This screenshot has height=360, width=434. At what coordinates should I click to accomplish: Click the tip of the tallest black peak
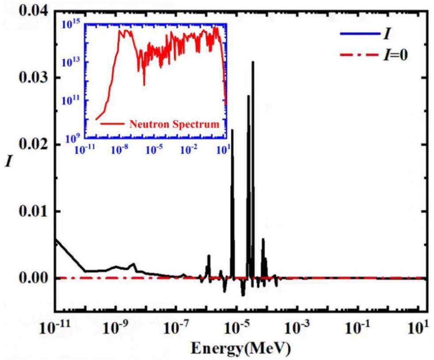253,61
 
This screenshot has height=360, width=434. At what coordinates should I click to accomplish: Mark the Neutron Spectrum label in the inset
174,124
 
